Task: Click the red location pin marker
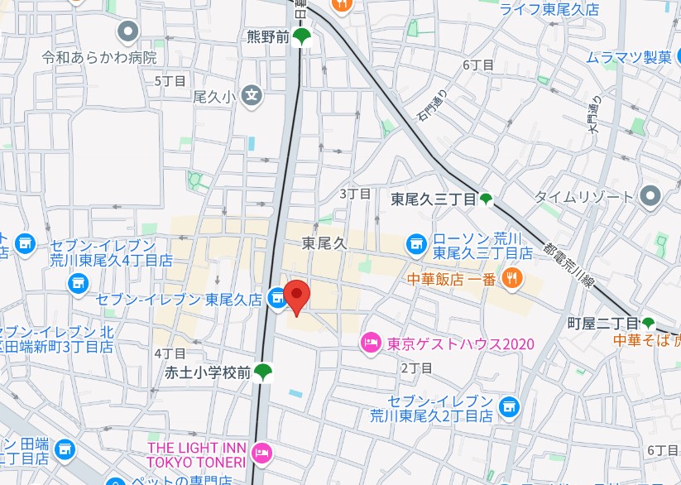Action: tap(296, 295)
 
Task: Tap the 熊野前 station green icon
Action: tap(303, 36)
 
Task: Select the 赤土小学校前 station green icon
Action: tap(263, 372)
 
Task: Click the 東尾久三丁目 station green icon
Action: tap(486, 199)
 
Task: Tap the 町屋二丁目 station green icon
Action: tap(649, 323)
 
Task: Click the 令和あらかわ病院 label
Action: tap(100, 58)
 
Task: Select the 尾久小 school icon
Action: tap(252, 96)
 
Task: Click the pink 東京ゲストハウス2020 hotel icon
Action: tap(371, 342)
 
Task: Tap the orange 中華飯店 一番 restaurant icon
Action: tap(513, 278)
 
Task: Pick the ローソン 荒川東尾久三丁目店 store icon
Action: tap(415, 243)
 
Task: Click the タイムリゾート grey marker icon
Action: tap(650, 196)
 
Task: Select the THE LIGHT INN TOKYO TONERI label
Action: tap(196, 454)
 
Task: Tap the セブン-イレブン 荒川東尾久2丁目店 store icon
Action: tap(509, 406)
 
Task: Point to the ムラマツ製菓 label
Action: tap(629, 57)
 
